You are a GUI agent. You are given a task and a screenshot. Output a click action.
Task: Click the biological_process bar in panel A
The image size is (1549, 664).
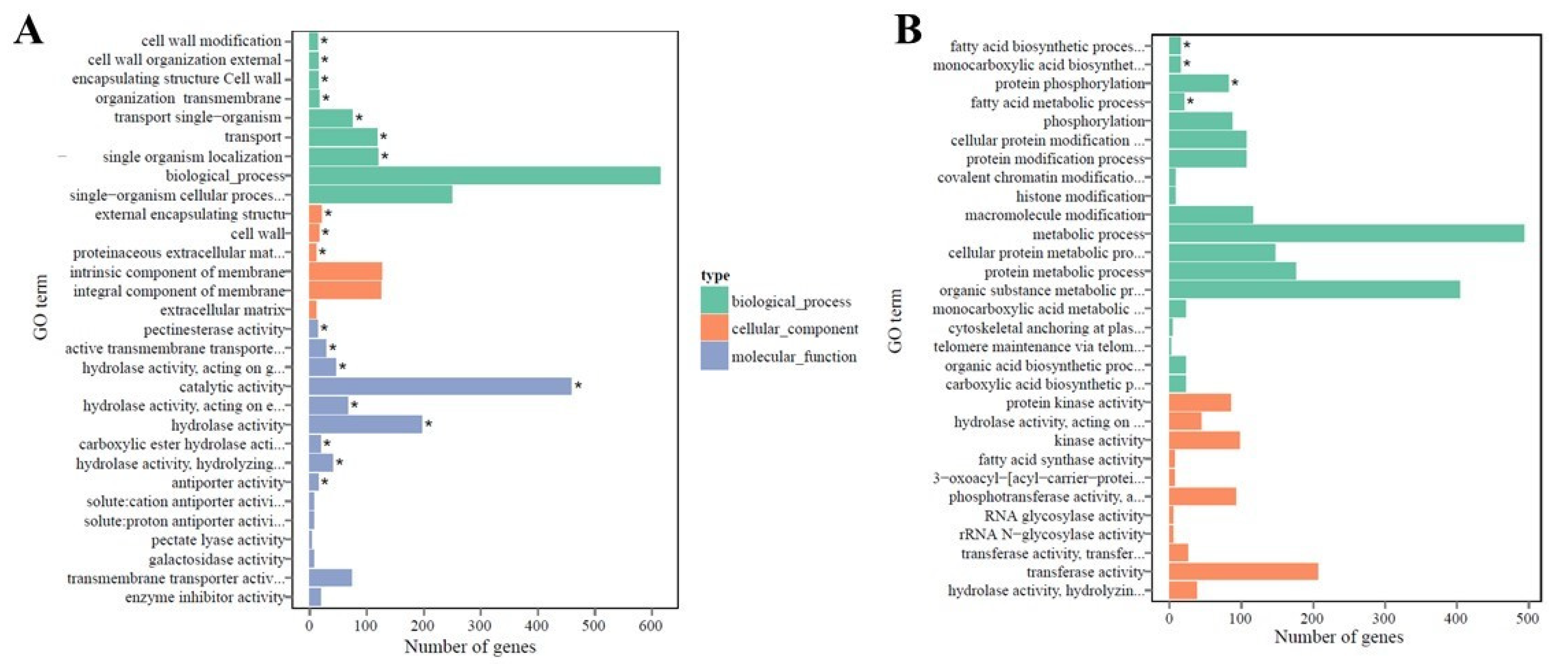pos(484,176)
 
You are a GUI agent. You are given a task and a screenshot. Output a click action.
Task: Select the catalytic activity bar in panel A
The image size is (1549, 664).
pos(440,386)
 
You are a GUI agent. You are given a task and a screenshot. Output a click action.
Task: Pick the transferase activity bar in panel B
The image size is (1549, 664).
pos(1243,571)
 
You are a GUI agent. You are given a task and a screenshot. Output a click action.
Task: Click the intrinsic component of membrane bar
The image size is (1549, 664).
pos(345,272)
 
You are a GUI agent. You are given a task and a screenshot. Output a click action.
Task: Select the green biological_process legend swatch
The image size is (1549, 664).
pos(714,300)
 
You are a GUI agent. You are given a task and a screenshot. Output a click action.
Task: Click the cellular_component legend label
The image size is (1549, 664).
pos(794,329)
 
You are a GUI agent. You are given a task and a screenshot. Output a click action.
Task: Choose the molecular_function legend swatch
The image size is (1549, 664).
pos(714,356)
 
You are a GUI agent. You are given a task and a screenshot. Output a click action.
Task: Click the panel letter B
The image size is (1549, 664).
pos(908,30)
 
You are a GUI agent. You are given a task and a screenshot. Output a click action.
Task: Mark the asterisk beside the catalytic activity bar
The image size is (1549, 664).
pos(578,385)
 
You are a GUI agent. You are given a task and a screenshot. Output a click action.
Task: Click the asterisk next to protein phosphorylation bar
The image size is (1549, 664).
pos(1234,82)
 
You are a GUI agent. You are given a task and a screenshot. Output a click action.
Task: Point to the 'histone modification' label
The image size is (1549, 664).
pos(1080,197)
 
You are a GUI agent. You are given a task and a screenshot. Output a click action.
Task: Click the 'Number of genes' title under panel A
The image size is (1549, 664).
pos(470,646)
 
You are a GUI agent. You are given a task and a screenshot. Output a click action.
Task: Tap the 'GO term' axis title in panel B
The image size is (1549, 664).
pos(895,321)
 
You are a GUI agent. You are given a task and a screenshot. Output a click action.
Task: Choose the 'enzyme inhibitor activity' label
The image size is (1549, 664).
pos(205,597)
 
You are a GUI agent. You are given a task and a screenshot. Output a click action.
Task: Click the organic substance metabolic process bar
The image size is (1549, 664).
pos(1314,290)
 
